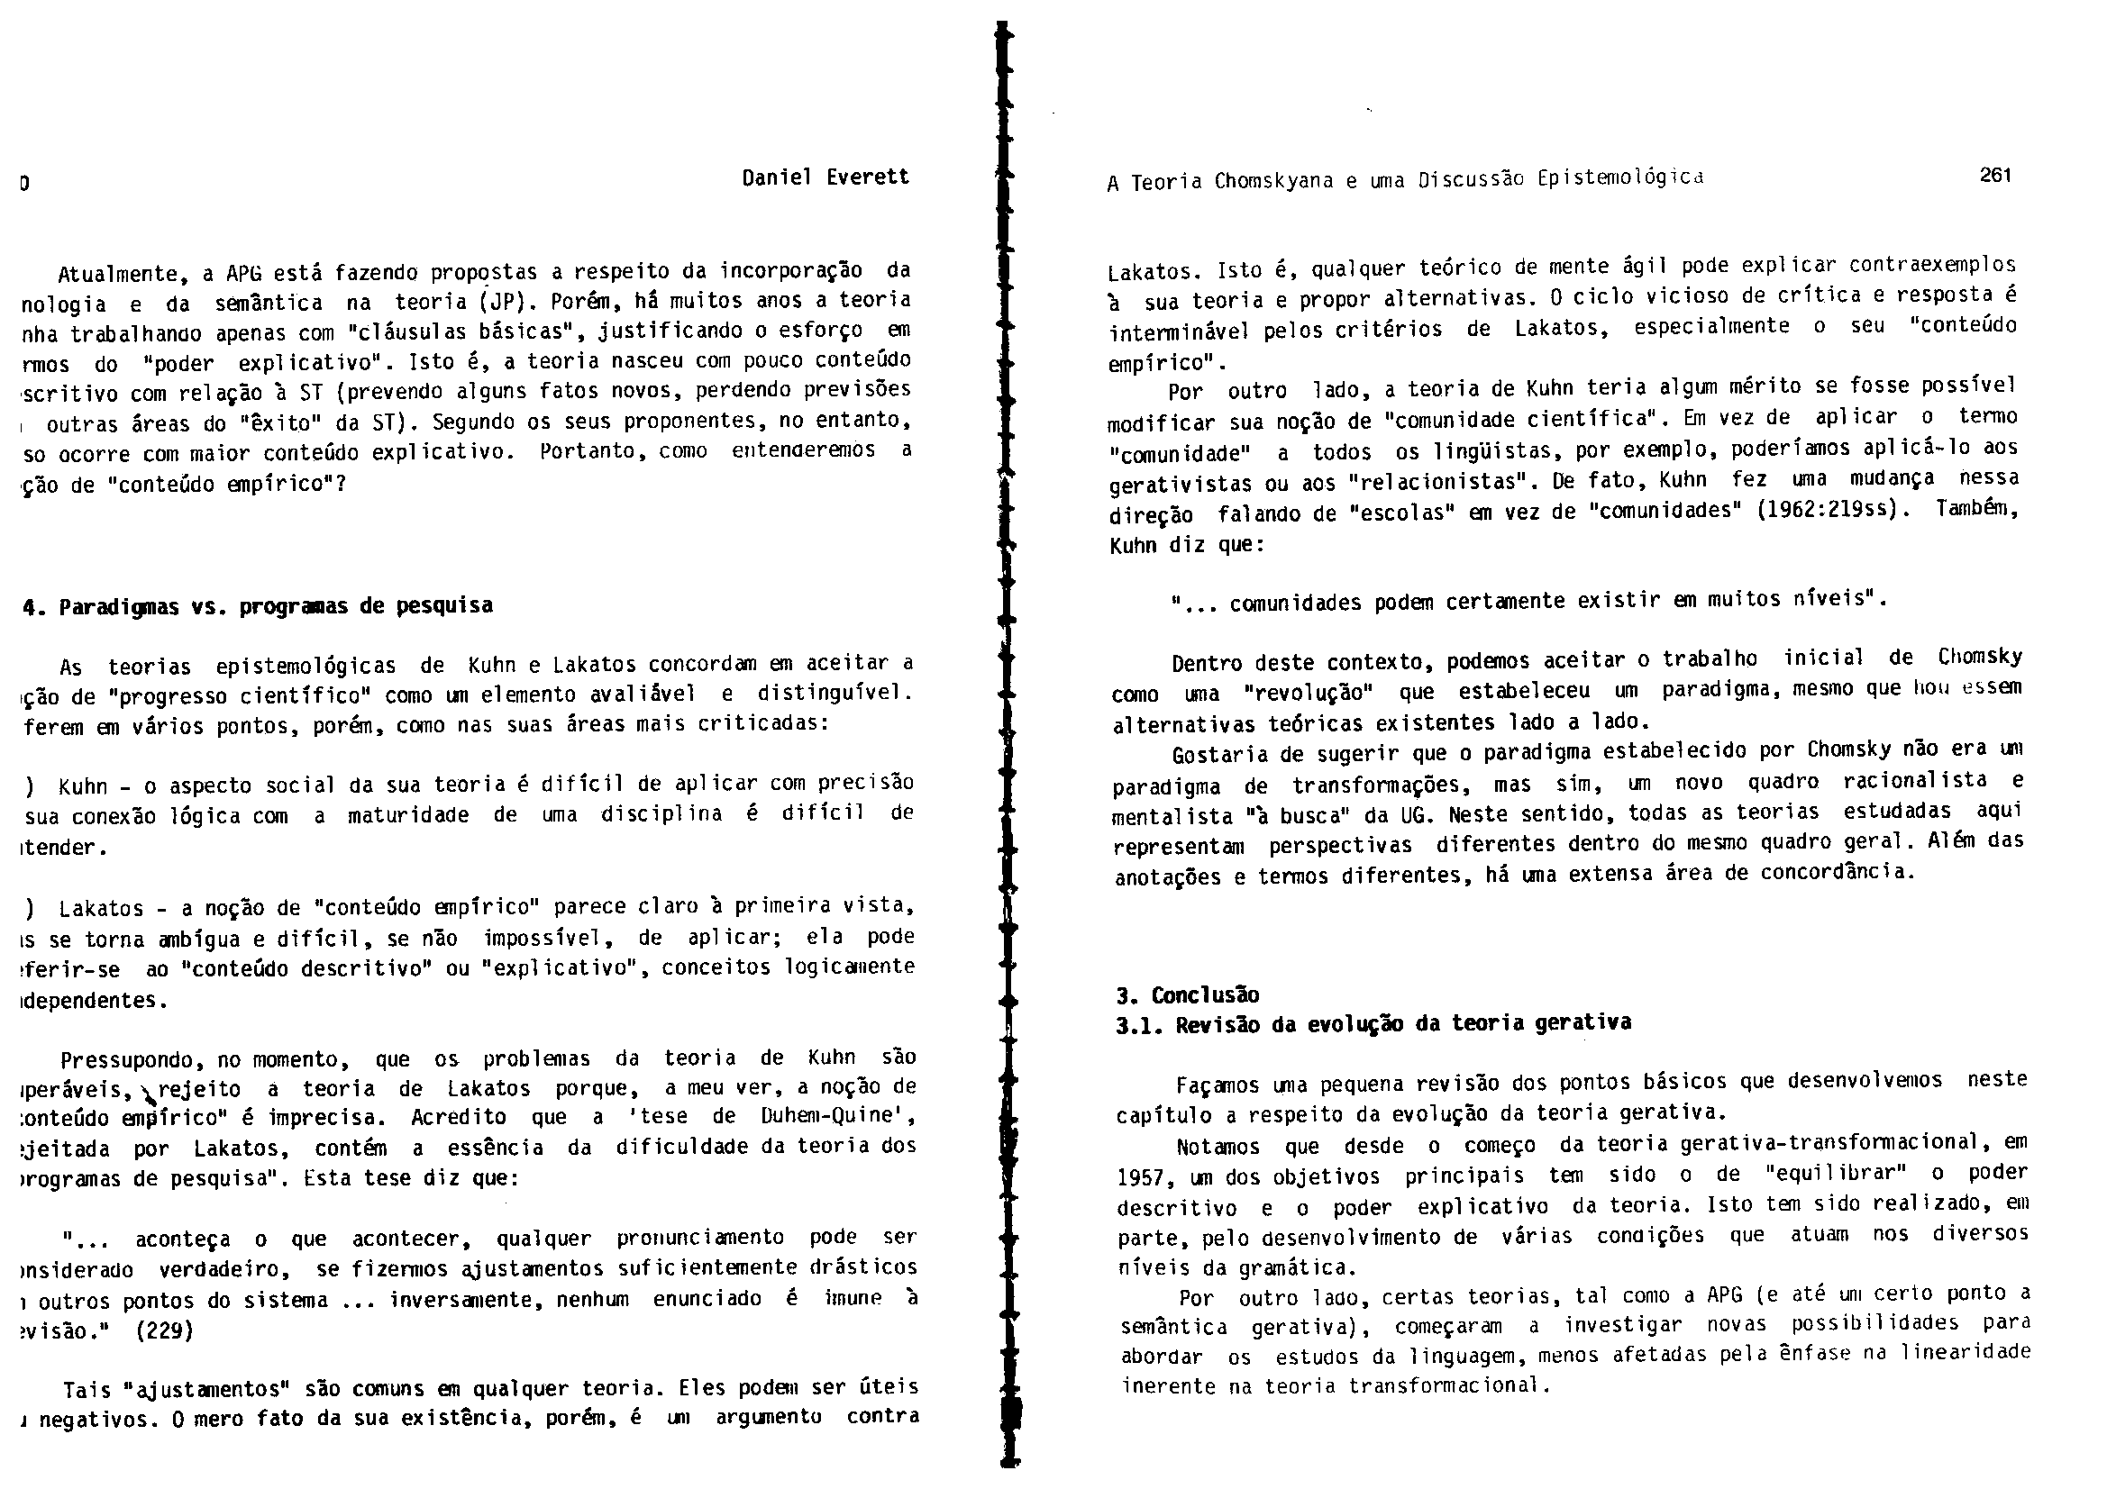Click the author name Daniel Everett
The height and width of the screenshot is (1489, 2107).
click(825, 177)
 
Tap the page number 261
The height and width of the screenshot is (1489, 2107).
click(1996, 175)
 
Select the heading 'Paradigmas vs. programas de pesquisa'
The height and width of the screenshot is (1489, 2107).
click(258, 605)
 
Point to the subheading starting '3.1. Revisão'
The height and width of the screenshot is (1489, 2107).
click(1373, 1024)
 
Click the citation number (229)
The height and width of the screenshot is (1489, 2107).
click(164, 1330)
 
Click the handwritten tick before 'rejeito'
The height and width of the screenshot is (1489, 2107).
click(147, 1092)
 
